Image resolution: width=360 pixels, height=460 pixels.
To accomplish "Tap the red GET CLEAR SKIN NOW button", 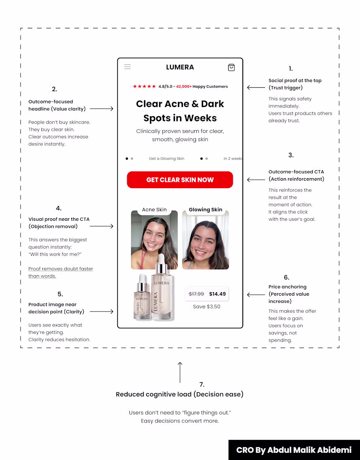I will (x=180, y=180).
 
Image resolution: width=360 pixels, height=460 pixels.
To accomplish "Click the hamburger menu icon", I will (x=128, y=67).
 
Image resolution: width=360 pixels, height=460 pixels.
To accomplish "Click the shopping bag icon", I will (x=231, y=67).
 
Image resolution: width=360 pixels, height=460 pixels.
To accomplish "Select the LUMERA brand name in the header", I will (x=180, y=67).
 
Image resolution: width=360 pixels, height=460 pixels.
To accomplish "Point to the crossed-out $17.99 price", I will (x=196, y=294).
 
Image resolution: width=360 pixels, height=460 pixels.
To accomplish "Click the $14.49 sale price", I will (x=217, y=294).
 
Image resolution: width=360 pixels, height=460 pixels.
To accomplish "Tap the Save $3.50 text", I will (x=207, y=307).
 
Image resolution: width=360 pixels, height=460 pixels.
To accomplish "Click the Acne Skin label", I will (x=154, y=210).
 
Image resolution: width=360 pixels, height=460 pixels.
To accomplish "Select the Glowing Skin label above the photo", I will (x=206, y=210).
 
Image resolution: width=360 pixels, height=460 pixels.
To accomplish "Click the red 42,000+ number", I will (x=184, y=87).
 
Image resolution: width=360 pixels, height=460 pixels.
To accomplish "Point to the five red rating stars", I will (x=144, y=87).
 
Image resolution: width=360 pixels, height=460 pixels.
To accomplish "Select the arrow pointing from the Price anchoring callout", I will (x=256, y=295).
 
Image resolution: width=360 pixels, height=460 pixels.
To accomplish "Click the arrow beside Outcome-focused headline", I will (x=102, y=109).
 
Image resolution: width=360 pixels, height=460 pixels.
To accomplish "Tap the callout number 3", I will (x=291, y=155).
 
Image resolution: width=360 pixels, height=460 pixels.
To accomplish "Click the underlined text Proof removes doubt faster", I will (x=61, y=269).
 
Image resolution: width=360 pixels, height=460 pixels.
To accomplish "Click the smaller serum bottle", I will (x=141, y=299).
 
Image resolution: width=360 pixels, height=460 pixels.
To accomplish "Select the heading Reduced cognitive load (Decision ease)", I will (x=180, y=394).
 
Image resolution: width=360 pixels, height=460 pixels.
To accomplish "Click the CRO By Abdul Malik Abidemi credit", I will (x=294, y=450).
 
